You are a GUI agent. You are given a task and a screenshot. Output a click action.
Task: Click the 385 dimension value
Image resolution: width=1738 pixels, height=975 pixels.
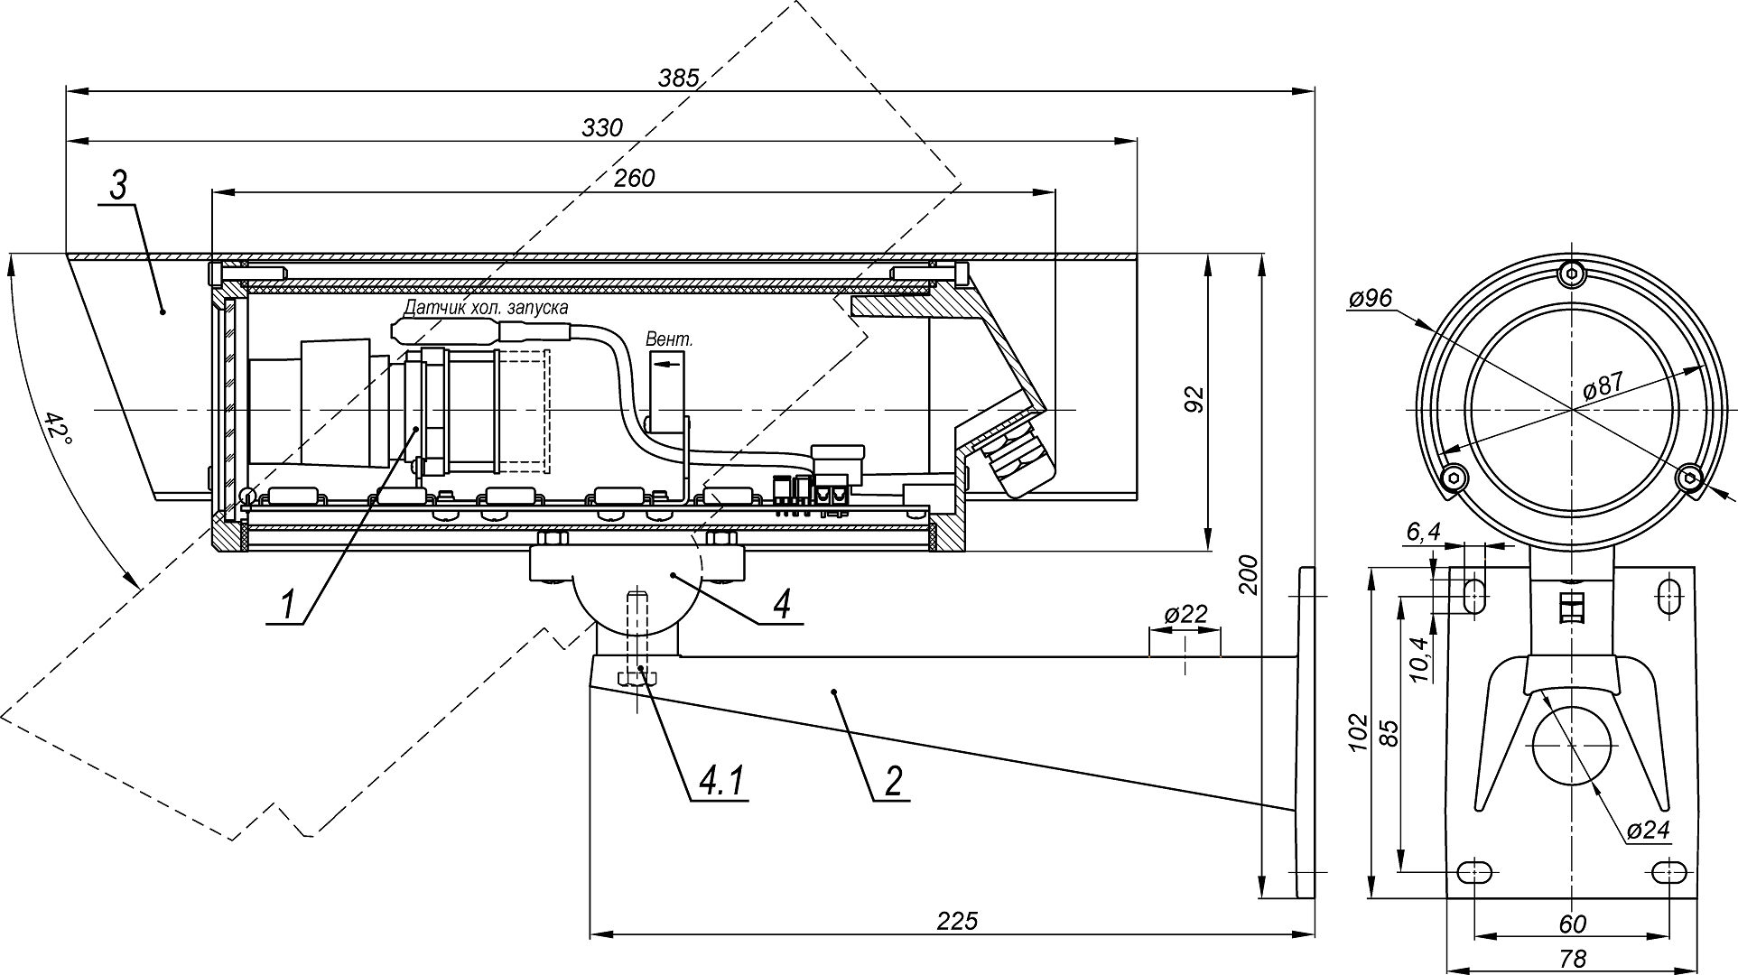[x=678, y=79]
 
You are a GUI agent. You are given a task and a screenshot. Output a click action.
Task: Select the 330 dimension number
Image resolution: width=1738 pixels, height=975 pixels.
[x=602, y=128]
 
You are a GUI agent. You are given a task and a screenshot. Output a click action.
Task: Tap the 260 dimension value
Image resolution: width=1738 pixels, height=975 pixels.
[x=634, y=179]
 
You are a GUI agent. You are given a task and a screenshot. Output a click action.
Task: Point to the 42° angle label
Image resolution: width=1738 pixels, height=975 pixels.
[x=58, y=435]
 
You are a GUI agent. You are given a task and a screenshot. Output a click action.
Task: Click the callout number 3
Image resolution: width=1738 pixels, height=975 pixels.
[x=119, y=187]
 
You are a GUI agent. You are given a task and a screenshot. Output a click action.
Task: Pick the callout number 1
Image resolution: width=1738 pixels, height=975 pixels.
[x=287, y=604]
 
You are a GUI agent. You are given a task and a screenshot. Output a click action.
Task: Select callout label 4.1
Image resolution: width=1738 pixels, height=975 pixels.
[x=720, y=782]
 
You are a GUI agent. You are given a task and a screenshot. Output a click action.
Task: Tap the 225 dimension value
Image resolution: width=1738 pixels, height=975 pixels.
[x=957, y=921]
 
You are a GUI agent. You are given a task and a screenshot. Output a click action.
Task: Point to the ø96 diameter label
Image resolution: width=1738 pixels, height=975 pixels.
[x=1370, y=299]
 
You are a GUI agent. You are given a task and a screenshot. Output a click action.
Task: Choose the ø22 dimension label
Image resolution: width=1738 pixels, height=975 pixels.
[x=1185, y=615]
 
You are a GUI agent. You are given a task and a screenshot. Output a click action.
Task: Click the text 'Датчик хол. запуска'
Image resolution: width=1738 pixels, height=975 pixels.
[x=486, y=308]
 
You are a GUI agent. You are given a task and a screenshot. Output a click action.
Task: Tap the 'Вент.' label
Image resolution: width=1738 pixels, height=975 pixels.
[x=669, y=339]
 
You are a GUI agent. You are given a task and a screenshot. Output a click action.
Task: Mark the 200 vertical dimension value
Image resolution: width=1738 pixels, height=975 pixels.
[x=1248, y=574]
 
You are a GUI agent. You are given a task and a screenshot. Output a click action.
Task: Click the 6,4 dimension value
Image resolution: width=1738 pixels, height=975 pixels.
[x=1423, y=534]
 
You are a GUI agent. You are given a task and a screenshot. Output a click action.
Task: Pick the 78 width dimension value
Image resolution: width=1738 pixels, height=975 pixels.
[x=1572, y=959]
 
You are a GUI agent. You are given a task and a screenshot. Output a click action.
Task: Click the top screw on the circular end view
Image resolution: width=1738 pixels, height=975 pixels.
[x=1572, y=272]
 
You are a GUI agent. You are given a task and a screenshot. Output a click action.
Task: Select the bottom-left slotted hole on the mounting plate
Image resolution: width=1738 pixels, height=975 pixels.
[x=1474, y=872]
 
